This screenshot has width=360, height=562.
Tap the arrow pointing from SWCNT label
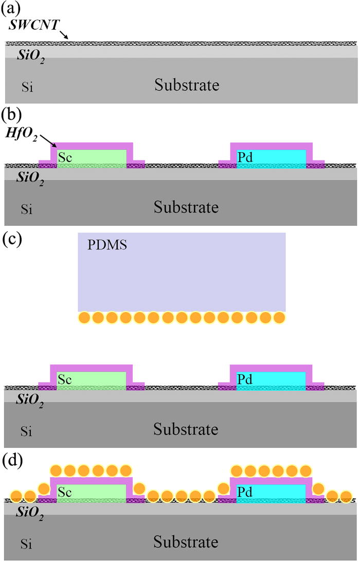point(61,35)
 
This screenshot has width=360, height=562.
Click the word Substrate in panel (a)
point(187,85)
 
